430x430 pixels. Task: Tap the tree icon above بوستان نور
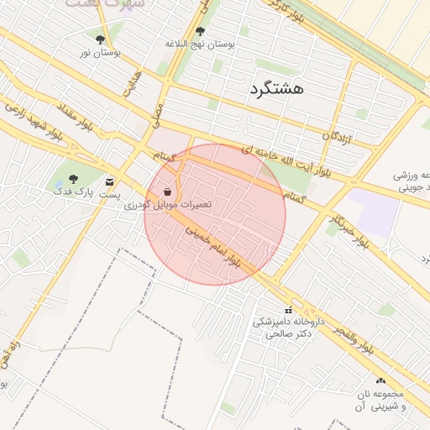coord(101,39)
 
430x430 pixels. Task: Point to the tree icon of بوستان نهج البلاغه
coord(199,32)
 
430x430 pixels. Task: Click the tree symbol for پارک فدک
coord(73,178)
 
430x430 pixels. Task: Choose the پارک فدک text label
coord(72,191)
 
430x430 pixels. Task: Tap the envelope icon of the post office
coord(110,181)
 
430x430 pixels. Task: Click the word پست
coord(110,194)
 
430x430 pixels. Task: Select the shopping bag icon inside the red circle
coord(169,191)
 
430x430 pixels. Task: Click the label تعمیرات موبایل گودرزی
coord(169,205)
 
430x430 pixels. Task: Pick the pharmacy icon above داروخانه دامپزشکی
coord(289,310)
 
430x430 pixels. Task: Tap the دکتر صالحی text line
coord(289,333)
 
